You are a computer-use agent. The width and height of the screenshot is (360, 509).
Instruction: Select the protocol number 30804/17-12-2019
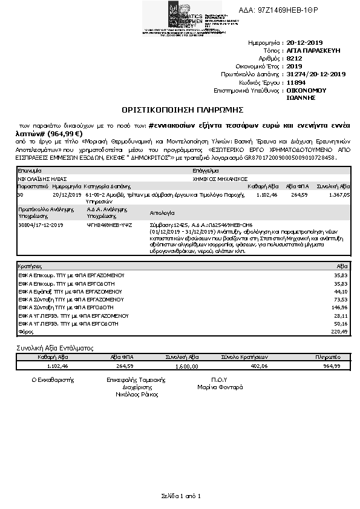(41, 225)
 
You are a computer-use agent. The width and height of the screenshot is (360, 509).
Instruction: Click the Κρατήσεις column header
(29, 266)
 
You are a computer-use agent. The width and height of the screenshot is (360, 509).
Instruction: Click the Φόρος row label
(25, 332)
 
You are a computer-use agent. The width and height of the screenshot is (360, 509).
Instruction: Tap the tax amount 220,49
(341, 332)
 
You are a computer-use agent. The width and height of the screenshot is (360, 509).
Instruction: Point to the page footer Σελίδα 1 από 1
(180, 496)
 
